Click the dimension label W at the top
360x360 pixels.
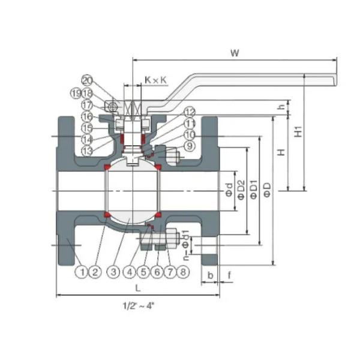[235, 53]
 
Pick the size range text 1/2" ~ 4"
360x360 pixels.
[137, 305]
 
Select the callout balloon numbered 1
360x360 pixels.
[81, 272]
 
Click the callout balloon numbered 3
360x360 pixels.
[113, 272]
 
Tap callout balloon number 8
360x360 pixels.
[184, 272]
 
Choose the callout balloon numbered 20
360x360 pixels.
[88, 80]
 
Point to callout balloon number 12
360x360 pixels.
[190, 112]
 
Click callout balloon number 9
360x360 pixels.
[190, 146]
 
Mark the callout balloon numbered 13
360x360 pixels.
[88, 150]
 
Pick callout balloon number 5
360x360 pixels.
[142, 272]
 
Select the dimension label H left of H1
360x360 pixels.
[280, 153]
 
